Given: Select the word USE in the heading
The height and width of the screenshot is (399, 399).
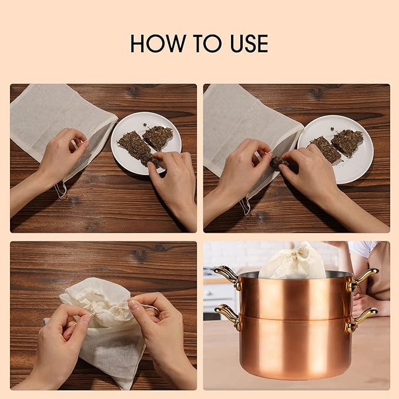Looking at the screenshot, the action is click(x=249, y=43).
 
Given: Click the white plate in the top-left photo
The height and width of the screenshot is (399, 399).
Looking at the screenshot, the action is click(x=146, y=143).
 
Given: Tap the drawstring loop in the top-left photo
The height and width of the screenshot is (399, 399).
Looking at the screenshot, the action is click(x=61, y=190).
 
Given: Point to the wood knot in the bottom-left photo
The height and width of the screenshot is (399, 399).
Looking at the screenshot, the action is click(x=140, y=253).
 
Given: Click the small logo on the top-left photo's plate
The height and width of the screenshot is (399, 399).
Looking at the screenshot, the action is click(x=145, y=125).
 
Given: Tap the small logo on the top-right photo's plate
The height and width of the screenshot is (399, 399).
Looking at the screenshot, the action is click(x=333, y=129).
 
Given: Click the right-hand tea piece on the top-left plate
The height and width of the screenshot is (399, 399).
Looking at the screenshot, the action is click(x=157, y=138).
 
